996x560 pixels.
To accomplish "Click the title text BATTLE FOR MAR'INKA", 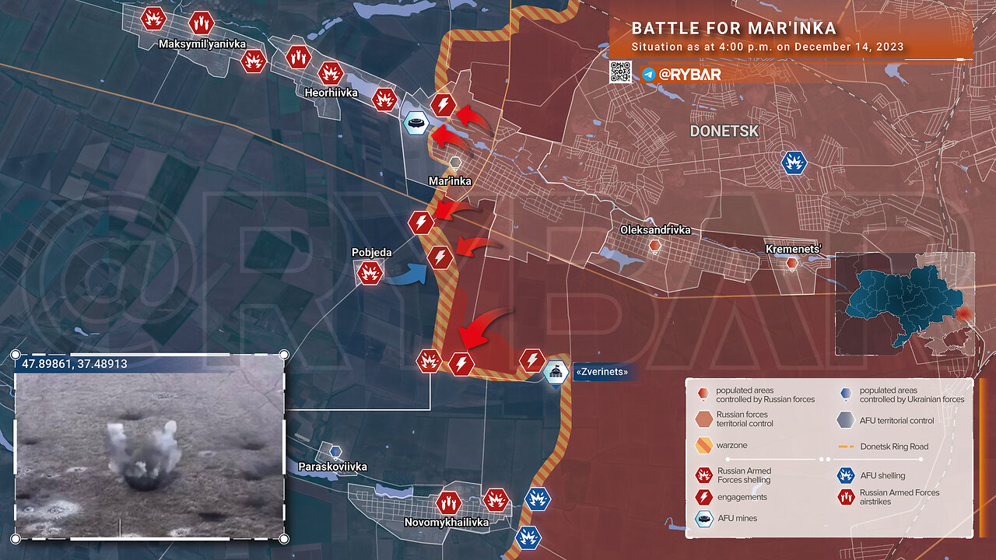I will coord(734,29).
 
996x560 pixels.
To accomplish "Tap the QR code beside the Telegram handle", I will coord(620,73).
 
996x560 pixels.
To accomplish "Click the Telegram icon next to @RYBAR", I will coord(648,74).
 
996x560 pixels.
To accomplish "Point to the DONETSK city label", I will coord(724,131).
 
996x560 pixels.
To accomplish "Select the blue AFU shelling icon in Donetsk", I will coord(794,163).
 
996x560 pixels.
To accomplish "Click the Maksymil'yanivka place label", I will coord(202,44).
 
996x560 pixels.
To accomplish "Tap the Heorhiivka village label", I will coord(331,93).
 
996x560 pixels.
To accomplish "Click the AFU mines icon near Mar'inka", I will coord(416,123).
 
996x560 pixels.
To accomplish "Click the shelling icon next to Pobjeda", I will coord(369,272).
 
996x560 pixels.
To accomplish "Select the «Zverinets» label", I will coord(601,373).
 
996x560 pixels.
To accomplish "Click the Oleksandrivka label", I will coord(655,230).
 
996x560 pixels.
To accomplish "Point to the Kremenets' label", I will coord(794,249).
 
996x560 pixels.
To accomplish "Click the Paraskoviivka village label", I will coord(332,467).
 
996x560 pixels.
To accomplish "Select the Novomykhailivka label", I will coord(447,523).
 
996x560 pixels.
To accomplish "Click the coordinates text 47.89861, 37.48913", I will coord(75,363).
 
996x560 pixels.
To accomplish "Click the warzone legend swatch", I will coord(703,446).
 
